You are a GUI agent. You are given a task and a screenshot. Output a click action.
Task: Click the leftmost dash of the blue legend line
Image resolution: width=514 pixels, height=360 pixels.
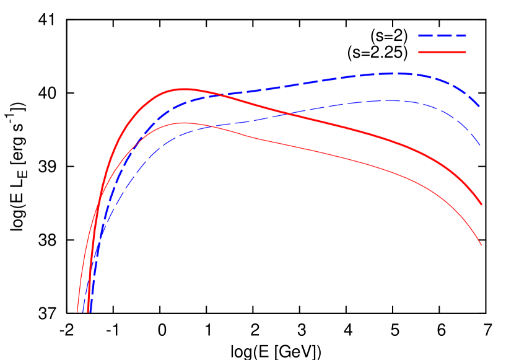click(x=425, y=36)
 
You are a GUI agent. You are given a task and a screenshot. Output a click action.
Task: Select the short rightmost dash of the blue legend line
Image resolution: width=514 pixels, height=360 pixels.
click(x=462, y=36)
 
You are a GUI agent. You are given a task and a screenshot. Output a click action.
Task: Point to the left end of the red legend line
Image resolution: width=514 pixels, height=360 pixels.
click(x=419, y=52)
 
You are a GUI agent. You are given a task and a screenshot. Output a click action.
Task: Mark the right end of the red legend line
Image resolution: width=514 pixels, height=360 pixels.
click(x=465, y=52)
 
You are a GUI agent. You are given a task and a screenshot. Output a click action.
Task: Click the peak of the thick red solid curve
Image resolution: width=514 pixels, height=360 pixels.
click(x=183, y=89)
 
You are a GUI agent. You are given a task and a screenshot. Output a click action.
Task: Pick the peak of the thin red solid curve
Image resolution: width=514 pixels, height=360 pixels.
click(x=183, y=123)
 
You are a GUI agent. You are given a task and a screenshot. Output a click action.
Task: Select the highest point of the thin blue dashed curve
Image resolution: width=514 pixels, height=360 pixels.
click(x=391, y=100)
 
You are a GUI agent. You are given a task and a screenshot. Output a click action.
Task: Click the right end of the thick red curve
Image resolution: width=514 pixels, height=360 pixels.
click(x=481, y=204)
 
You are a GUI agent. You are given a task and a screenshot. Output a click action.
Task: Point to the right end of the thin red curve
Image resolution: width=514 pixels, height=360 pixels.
click(x=481, y=245)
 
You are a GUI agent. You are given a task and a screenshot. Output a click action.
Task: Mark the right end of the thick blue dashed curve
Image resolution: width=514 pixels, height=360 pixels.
click(x=480, y=107)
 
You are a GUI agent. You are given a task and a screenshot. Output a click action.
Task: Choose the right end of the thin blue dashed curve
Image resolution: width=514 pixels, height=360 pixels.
click(x=480, y=146)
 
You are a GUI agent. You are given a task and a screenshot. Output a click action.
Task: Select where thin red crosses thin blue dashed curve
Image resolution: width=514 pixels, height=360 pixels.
click(x=211, y=126)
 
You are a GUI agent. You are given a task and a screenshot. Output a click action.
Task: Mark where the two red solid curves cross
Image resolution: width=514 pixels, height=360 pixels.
click(x=99, y=202)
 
